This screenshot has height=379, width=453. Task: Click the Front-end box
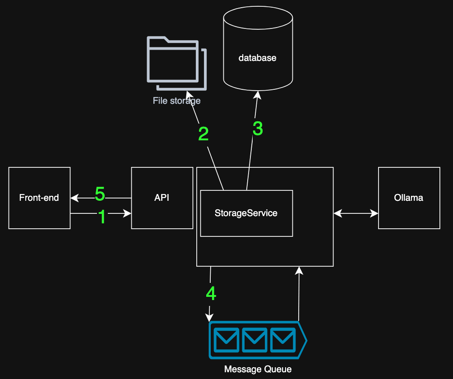(39, 198)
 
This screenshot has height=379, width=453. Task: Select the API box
(162, 198)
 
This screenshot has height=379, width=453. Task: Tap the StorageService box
(246, 213)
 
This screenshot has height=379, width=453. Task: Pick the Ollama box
(409, 198)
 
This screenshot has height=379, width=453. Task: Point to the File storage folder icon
(176, 63)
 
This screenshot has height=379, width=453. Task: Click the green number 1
(102, 217)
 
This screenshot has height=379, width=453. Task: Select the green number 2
(203, 134)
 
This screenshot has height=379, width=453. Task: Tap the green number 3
(258, 129)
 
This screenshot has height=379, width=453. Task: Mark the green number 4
(211, 294)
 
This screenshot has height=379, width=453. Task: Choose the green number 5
(100, 194)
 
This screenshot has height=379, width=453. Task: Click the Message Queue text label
(258, 370)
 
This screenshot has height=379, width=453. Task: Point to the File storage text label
(176, 101)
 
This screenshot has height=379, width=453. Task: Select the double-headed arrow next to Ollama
(356, 213)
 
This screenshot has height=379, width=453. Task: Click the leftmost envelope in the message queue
(227, 340)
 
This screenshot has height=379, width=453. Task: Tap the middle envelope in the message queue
(255, 340)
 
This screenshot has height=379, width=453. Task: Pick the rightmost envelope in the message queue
(283, 340)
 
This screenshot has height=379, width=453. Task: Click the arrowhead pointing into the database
(258, 95)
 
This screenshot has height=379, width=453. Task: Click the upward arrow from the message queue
(299, 293)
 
